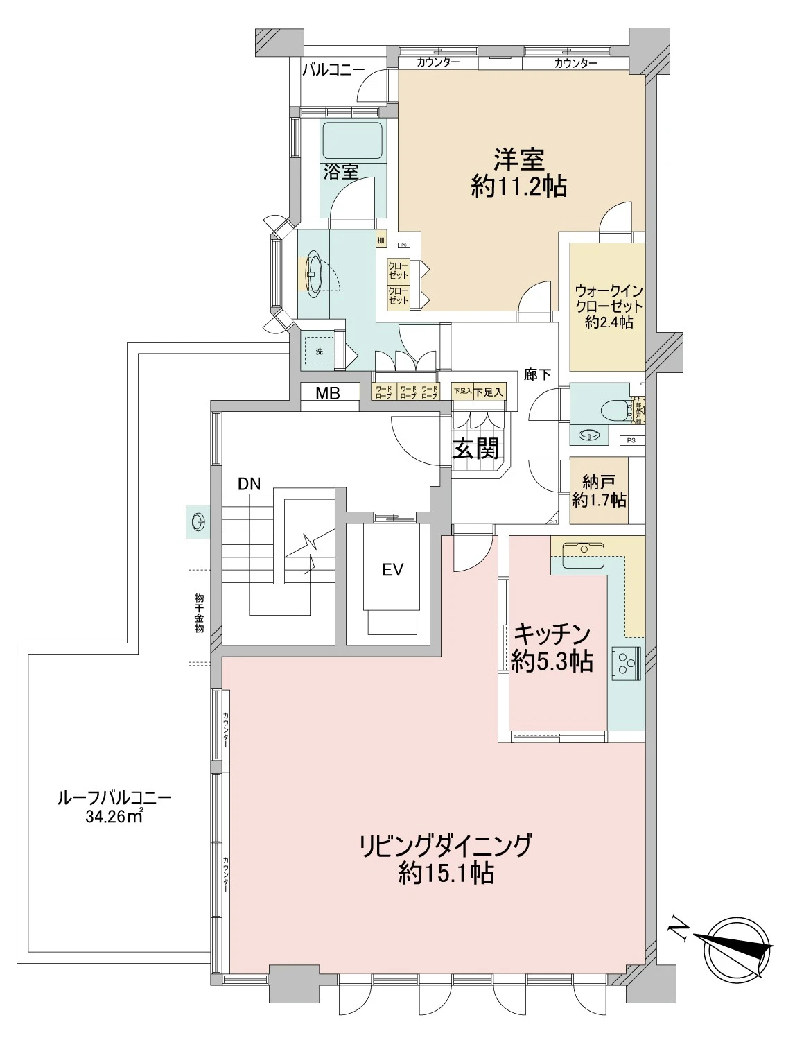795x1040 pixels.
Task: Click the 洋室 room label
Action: (518, 159)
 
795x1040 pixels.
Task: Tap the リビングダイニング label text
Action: (446, 846)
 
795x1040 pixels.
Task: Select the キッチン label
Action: (552, 634)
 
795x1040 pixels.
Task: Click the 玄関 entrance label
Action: (476, 448)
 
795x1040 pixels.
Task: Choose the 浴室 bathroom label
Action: (340, 172)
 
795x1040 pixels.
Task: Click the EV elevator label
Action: (392, 570)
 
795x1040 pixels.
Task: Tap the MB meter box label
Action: (328, 393)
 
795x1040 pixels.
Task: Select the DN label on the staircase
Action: (249, 485)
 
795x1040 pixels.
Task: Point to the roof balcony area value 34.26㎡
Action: (114, 817)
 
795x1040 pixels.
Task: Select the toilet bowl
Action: (616, 408)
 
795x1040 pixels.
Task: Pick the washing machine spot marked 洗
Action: (320, 351)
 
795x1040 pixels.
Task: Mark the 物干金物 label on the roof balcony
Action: (199, 612)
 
